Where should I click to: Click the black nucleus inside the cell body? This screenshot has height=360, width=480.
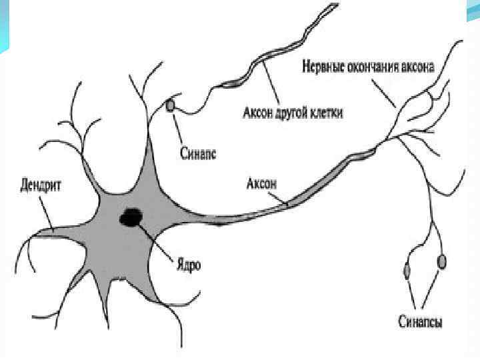pyautogui.click(x=131, y=216)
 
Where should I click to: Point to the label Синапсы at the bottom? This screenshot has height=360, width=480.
pyautogui.click(x=421, y=321)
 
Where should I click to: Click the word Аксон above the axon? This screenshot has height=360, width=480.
pyautogui.click(x=261, y=181)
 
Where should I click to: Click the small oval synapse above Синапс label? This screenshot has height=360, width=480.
pyautogui.click(x=171, y=105)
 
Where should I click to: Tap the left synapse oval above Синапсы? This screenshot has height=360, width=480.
pyautogui.click(x=407, y=270)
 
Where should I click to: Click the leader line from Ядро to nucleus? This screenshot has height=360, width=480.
pyautogui.click(x=160, y=240)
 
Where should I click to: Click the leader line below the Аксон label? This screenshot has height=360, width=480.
pyautogui.click(x=279, y=195)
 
